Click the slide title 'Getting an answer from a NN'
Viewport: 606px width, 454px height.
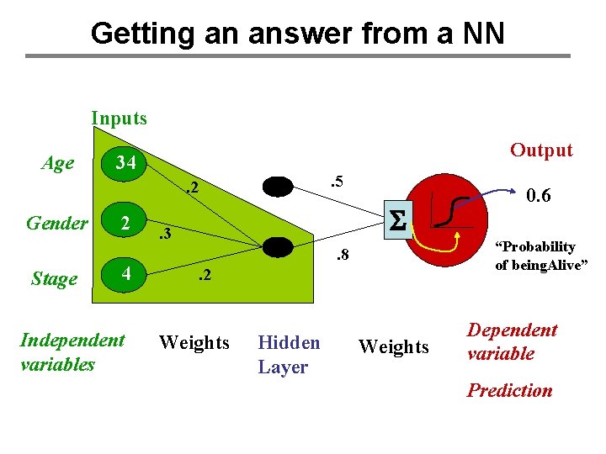point(297,34)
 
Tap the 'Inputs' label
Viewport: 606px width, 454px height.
point(119,119)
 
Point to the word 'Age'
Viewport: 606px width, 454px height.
point(57,163)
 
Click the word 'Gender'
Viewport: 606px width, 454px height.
point(57,224)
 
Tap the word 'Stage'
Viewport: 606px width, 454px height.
point(54,278)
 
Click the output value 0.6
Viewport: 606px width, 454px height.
point(538,195)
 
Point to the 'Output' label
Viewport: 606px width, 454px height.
point(541,150)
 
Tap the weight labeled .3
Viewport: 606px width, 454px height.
point(164,233)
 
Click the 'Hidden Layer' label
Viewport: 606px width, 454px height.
point(289,355)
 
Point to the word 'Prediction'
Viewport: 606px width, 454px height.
point(509,391)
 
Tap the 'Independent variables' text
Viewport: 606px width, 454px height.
point(72,352)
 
